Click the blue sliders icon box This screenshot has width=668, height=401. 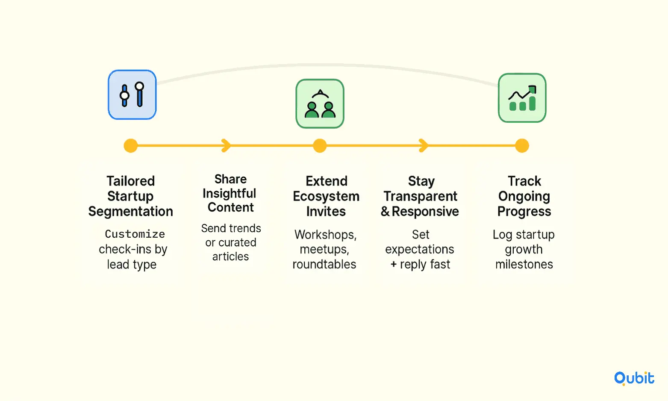pos(132,95)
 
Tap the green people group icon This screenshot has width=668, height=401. pos(320,104)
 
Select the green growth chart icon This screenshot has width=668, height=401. pos(522,98)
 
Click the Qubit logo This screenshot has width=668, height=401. pos(634,378)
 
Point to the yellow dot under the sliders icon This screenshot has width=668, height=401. pos(131,146)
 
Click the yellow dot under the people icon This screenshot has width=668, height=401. pos(320,146)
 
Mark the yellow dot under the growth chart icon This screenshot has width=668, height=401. pos(522,146)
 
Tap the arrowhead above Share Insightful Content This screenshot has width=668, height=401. pos(227,146)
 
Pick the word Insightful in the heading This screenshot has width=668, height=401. pos(230,193)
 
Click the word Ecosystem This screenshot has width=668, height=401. pos(326,197)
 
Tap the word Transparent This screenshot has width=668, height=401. pos(421,197)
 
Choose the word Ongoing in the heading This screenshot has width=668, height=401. pos(524,197)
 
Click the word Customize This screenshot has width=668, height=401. pos(135,234)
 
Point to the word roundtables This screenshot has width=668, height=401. pos(324,264)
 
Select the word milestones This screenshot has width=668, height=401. pos(524,264)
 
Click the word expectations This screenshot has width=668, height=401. pos(420,249)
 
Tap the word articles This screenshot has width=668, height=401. pos(230,257)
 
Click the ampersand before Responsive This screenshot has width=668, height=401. pos(385,212)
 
